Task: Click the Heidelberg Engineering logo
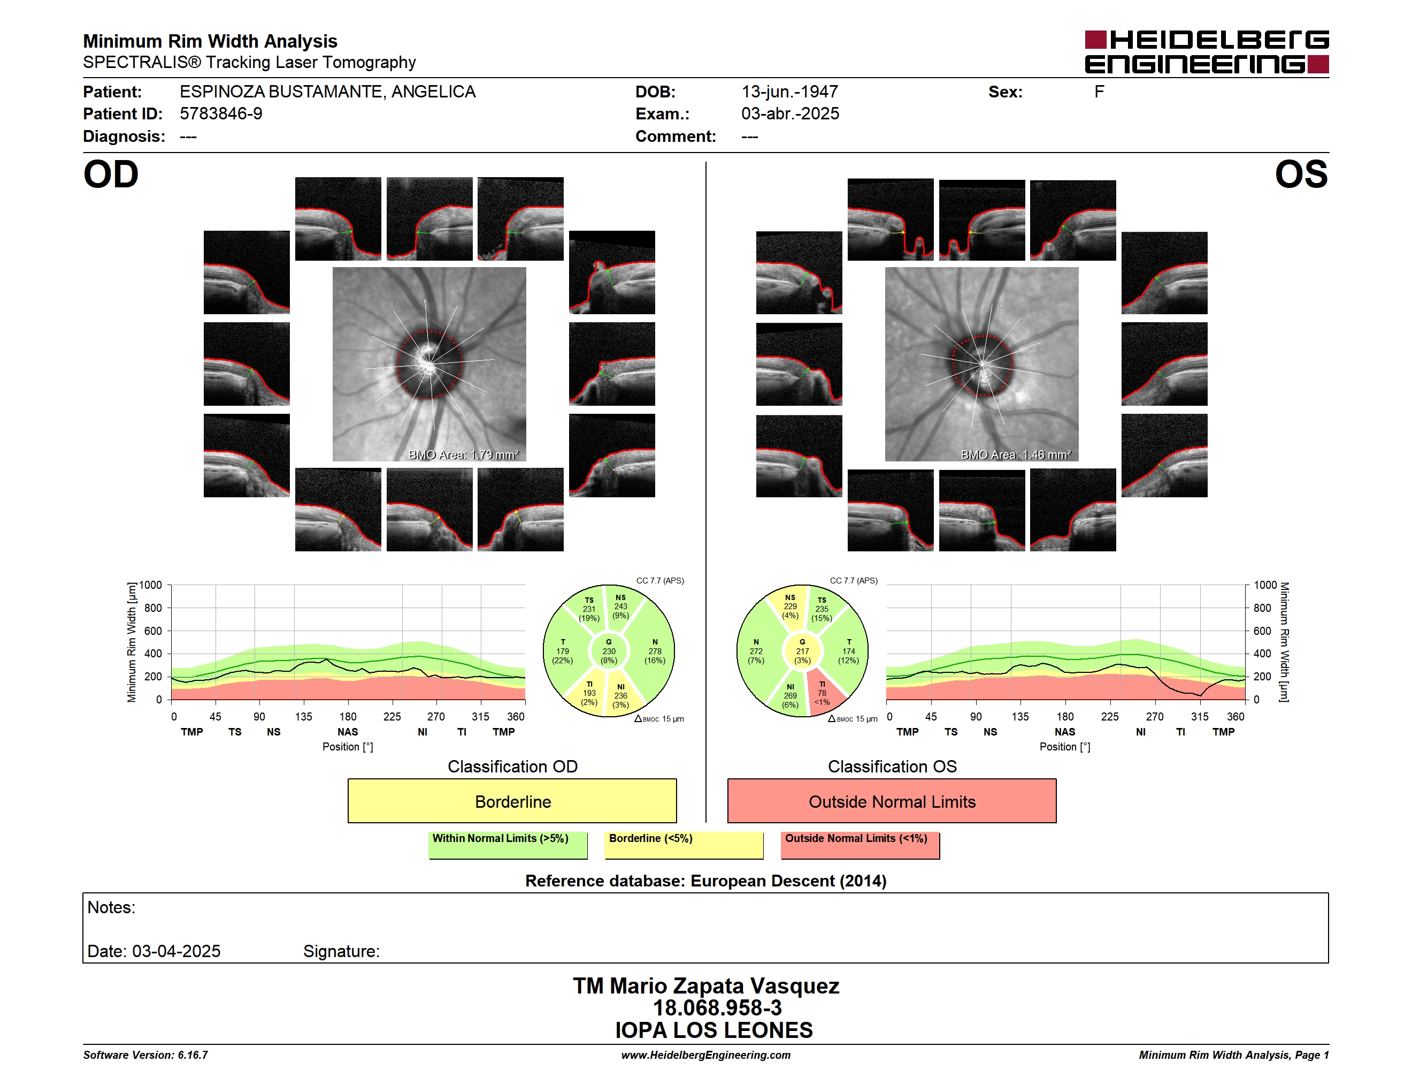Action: click(1207, 52)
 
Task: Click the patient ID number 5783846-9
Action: click(221, 114)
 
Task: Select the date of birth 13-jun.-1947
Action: click(789, 92)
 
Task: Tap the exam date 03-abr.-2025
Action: click(790, 114)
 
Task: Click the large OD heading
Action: click(111, 175)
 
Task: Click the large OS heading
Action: click(1301, 175)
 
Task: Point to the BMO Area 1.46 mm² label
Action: click(1016, 455)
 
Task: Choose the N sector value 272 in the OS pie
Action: click(756, 651)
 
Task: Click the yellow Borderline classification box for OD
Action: click(512, 801)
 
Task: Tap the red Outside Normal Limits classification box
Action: click(892, 801)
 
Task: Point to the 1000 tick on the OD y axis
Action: click(151, 585)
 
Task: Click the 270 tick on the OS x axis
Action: click(1155, 717)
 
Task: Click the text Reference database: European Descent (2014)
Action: click(705, 881)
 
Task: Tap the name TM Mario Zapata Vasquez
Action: click(706, 986)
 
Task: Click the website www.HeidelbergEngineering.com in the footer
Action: click(705, 1055)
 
